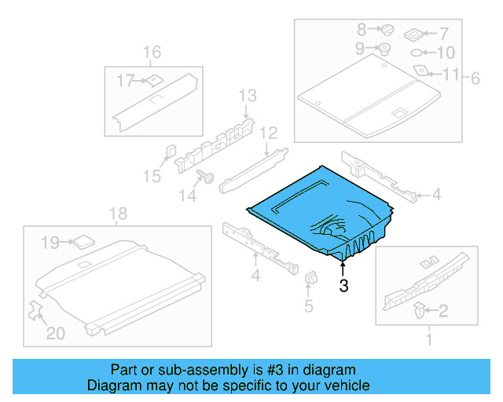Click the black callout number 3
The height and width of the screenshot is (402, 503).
coord(343,286)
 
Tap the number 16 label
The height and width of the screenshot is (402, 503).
coord(152,53)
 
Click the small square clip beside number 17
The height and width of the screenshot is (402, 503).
coord(154,79)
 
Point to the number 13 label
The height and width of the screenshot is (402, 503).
coord(248,96)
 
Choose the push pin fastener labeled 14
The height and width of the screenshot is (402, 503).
coord(208,177)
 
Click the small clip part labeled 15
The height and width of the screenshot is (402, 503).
coord(169,151)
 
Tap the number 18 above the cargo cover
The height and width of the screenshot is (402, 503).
coord(117,214)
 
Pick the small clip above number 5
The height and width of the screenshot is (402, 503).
coord(310,278)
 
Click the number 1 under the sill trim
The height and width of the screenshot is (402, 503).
coord(428,340)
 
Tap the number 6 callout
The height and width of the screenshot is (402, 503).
coord(475,78)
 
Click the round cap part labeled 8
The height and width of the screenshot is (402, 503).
coord(386,30)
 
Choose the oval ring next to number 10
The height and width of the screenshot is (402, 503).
coord(417,53)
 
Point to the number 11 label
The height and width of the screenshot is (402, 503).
coord(450,75)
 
